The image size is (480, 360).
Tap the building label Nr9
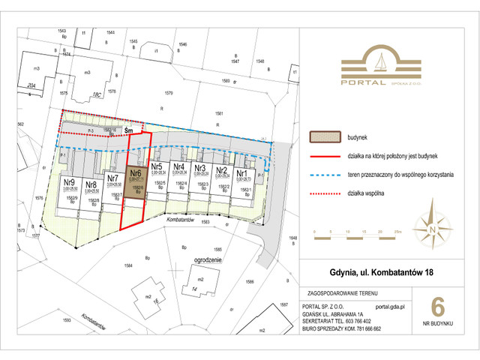[x=68, y=182]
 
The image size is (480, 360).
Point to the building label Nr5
[x=157, y=167]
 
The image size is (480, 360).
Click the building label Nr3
[x=200, y=168]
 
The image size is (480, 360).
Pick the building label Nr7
[x=112, y=178]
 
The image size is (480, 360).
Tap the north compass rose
[x=433, y=226]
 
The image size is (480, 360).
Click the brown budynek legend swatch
[x=325, y=138]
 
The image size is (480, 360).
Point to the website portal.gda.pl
[x=390, y=307]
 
